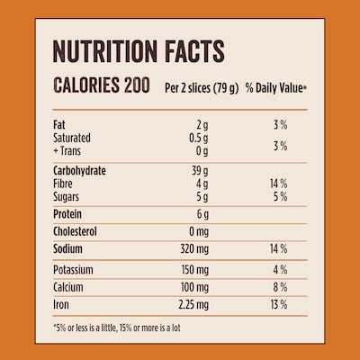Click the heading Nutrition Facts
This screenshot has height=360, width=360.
click(x=139, y=51)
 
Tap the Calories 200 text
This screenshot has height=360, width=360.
click(x=102, y=85)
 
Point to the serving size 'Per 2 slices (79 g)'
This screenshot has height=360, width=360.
click(x=202, y=88)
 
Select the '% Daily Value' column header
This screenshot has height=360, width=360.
click(x=276, y=88)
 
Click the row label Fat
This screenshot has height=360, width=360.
click(x=59, y=124)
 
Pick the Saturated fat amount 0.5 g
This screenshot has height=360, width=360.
click(x=198, y=138)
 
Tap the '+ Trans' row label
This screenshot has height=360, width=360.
click(x=67, y=151)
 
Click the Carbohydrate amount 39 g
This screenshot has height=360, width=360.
click(x=200, y=171)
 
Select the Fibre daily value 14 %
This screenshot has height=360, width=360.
click(x=279, y=184)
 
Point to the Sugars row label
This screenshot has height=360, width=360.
click(x=66, y=197)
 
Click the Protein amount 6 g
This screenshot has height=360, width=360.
click(x=202, y=214)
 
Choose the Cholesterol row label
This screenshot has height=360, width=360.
click(x=75, y=231)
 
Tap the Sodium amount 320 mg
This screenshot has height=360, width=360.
click(x=194, y=249)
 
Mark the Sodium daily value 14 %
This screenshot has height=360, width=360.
click(x=279, y=248)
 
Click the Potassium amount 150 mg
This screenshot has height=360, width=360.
click(x=195, y=270)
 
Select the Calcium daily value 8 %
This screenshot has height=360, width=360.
click(x=280, y=287)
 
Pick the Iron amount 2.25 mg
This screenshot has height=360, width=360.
click(x=193, y=305)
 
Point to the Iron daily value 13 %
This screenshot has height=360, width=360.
click(x=279, y=304)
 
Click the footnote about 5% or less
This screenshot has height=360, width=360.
click(x=117, y=328)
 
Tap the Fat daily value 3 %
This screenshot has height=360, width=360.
click(x=281, y=124)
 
